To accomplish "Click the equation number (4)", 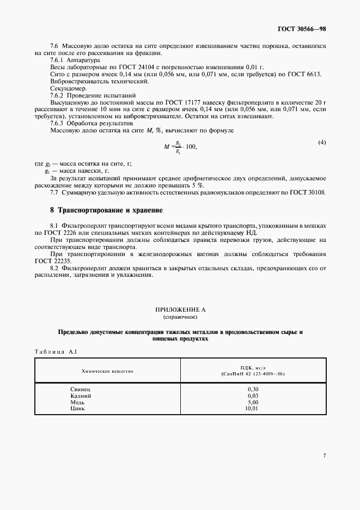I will click(322, 143).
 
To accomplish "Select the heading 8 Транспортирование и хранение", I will click(107, 210).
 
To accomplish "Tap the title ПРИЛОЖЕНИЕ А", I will click(180, 309).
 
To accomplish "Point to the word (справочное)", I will click(180, 317).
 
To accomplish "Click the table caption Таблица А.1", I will click(56, 351).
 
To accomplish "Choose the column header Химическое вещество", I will click(107, 371).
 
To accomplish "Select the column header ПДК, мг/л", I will click(252, 368).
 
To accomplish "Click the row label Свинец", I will click(81, 390).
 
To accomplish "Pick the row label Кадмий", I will click(81, 396).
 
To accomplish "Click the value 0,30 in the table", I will click(252, 390).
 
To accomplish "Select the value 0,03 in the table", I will click(252, 396).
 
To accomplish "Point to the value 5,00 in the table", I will click(252, 402).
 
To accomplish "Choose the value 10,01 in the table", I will click(252, 408).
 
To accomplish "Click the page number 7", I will click(324, 456).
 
